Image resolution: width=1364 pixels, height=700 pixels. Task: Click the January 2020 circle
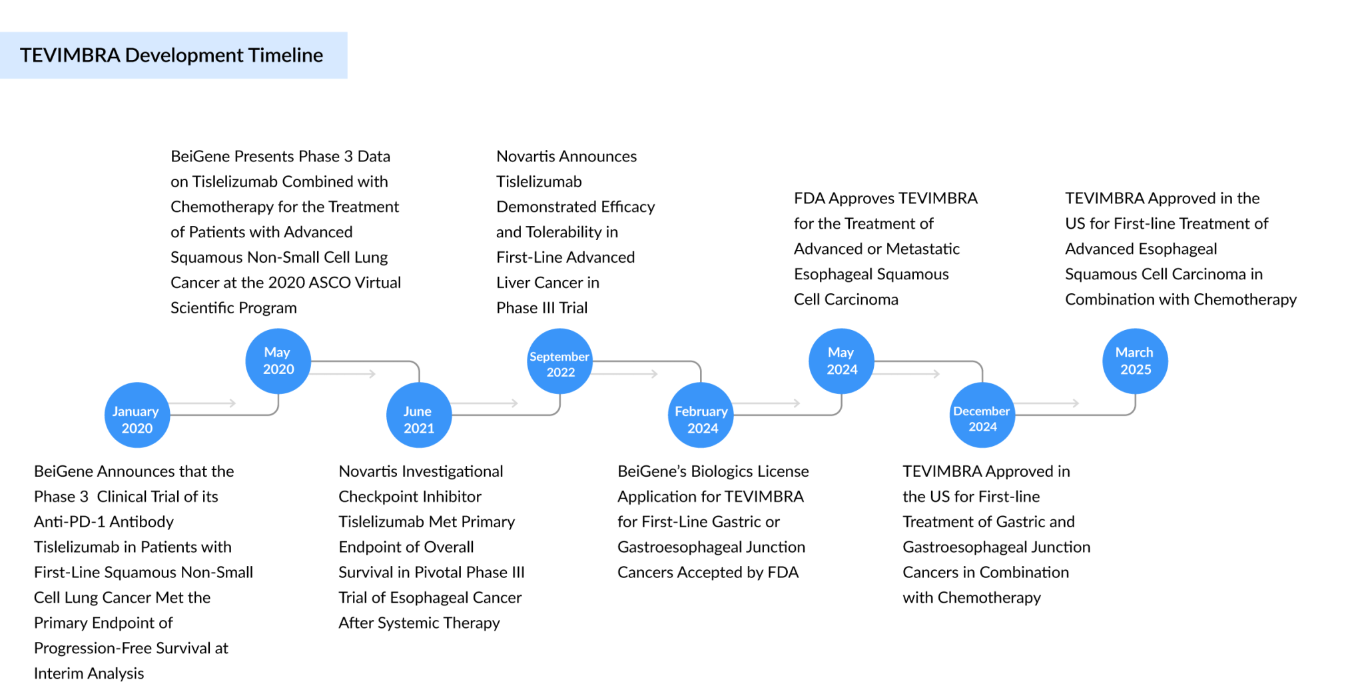tap(137, 415)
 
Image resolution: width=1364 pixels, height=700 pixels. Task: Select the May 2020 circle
tap(278, 361)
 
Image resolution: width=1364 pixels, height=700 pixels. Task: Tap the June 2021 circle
tap(419, 415)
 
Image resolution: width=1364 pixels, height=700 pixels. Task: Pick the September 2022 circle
tap(560, 361)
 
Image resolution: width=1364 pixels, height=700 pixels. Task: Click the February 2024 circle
tap(701, 415)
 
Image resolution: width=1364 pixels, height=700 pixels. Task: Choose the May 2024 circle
tap(841, 361)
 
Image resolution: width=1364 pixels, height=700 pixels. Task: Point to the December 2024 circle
tap(982, 415)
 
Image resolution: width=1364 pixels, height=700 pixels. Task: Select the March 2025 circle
tap(1135, 361)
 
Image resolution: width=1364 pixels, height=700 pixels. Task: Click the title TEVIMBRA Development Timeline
tap(172, 55)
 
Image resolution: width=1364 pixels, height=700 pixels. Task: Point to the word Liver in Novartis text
tap(513, 283)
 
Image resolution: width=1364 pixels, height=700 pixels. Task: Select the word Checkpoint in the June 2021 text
tap(374, 497)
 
